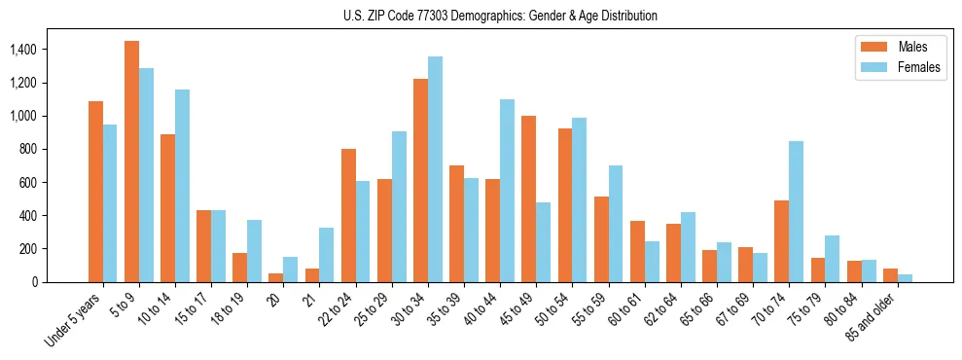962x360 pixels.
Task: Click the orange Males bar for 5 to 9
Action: pos(131,162)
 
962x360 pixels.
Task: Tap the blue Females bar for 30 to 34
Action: pos(435,169)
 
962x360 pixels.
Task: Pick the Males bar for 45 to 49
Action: pos(528,198)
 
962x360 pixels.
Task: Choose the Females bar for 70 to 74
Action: pos(796,211)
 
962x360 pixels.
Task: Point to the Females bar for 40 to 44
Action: pos(507,191)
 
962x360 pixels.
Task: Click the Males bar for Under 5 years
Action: pos(95,192)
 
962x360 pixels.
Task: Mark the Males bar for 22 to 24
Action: pos(348,215)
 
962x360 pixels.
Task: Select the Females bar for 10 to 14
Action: pos(182,186)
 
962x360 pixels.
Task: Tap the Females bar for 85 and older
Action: pos(905,277)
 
